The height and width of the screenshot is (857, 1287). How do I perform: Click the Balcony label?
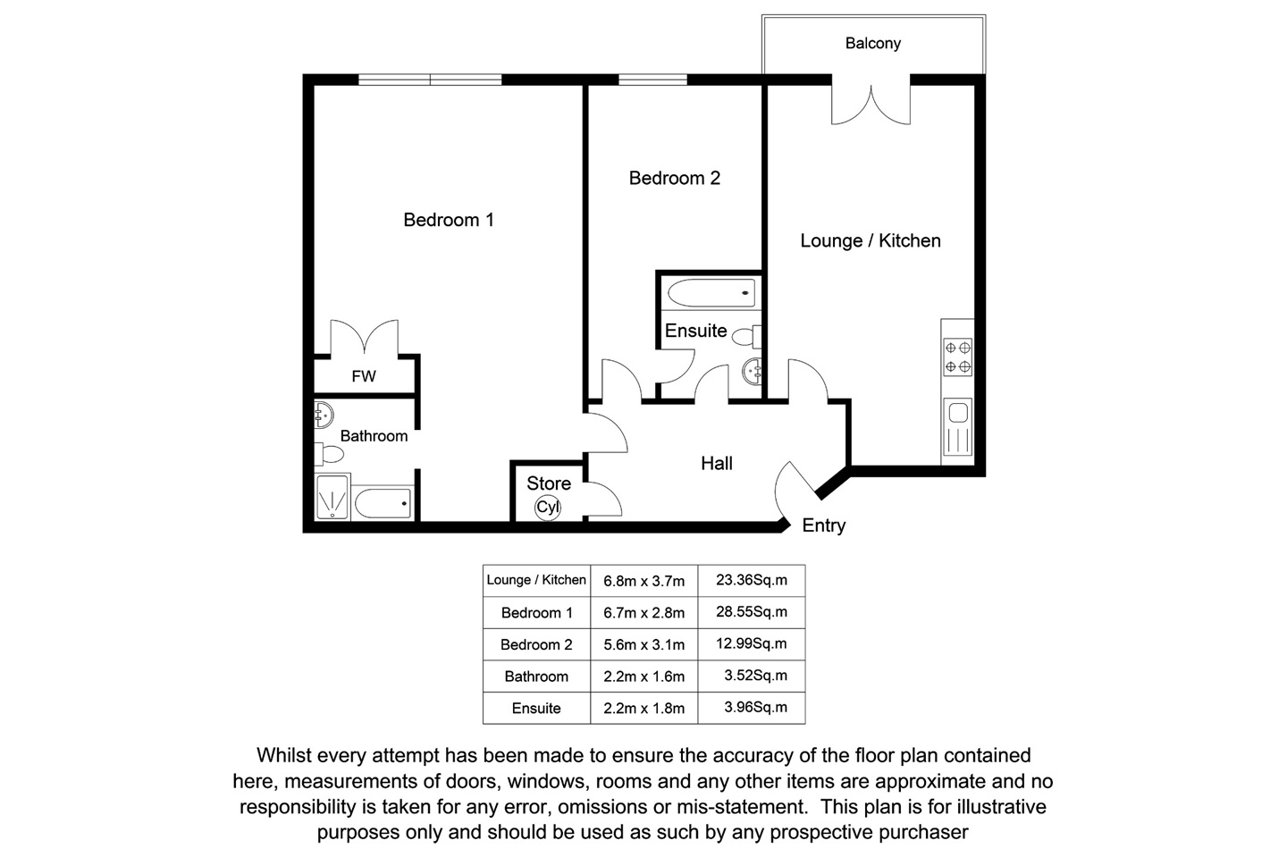click(872, 43)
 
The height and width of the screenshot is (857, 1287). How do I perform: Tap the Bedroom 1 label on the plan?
click(448, 220)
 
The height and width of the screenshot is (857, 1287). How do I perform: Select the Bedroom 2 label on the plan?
click(674, 178)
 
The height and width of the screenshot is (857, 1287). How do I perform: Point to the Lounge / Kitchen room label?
click(870, 240)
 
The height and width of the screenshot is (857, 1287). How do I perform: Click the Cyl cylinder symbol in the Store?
click(548, 508)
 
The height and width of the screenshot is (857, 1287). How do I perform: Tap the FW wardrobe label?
click(364, 376)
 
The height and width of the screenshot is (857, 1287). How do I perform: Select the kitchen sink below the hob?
click(958, 427)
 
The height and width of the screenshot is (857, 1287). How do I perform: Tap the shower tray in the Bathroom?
click(332, 497)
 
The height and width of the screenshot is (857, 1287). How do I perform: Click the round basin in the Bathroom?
click(324, 413)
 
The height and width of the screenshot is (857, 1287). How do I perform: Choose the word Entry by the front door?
click(823, 525)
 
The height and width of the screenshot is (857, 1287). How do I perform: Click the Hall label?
click(717, 463)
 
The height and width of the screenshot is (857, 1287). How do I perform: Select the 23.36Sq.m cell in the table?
click(752, 580)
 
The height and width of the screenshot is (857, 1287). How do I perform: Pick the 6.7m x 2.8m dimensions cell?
click(643, 613)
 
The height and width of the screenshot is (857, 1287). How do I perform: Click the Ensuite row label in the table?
click(536, 709)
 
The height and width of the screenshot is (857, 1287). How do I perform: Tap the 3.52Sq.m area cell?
click(755, 676)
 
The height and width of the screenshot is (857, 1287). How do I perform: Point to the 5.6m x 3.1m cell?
click(643, 645)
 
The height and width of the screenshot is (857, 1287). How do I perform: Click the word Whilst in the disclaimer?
click(285, 756)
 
